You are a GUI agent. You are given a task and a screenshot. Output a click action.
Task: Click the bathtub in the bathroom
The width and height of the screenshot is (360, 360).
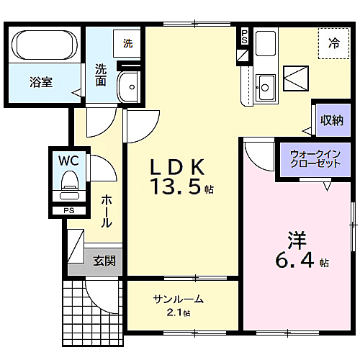(x=45, y=45)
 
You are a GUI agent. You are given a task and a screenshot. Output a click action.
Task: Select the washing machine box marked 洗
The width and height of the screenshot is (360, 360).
(x=127, y=43)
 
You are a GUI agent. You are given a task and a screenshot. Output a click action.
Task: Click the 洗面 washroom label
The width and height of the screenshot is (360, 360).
(x=102, y=75)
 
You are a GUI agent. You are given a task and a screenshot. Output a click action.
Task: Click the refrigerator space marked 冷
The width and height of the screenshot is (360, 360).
(x=334, y=42)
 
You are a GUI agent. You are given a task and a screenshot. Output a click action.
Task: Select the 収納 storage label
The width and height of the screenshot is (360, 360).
(x=332, y=120)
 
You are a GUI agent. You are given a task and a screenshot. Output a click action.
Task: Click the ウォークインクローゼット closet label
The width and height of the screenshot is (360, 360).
(x=315, y=159)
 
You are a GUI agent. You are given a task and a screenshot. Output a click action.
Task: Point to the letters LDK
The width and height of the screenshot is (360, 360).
(x=177, y=167)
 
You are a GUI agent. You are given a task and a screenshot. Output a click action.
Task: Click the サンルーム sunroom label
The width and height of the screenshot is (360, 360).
(x=178, y=300)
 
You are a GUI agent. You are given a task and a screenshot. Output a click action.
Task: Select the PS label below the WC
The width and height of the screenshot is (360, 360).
(x=69, y=211)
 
